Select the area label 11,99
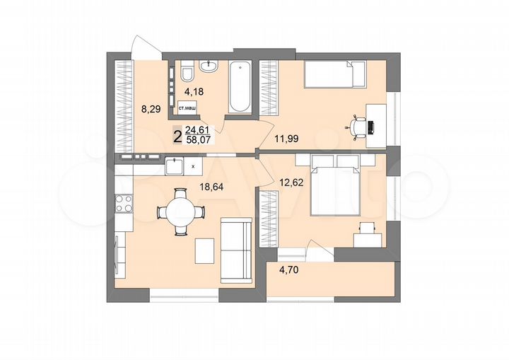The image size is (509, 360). click(292, 139)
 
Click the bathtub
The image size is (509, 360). click(240, 87)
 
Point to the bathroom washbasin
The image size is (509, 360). click(209, 66)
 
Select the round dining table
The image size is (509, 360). click(180, 210)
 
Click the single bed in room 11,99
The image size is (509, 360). click(334, 74)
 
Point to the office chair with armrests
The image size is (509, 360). click(360, 126)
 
